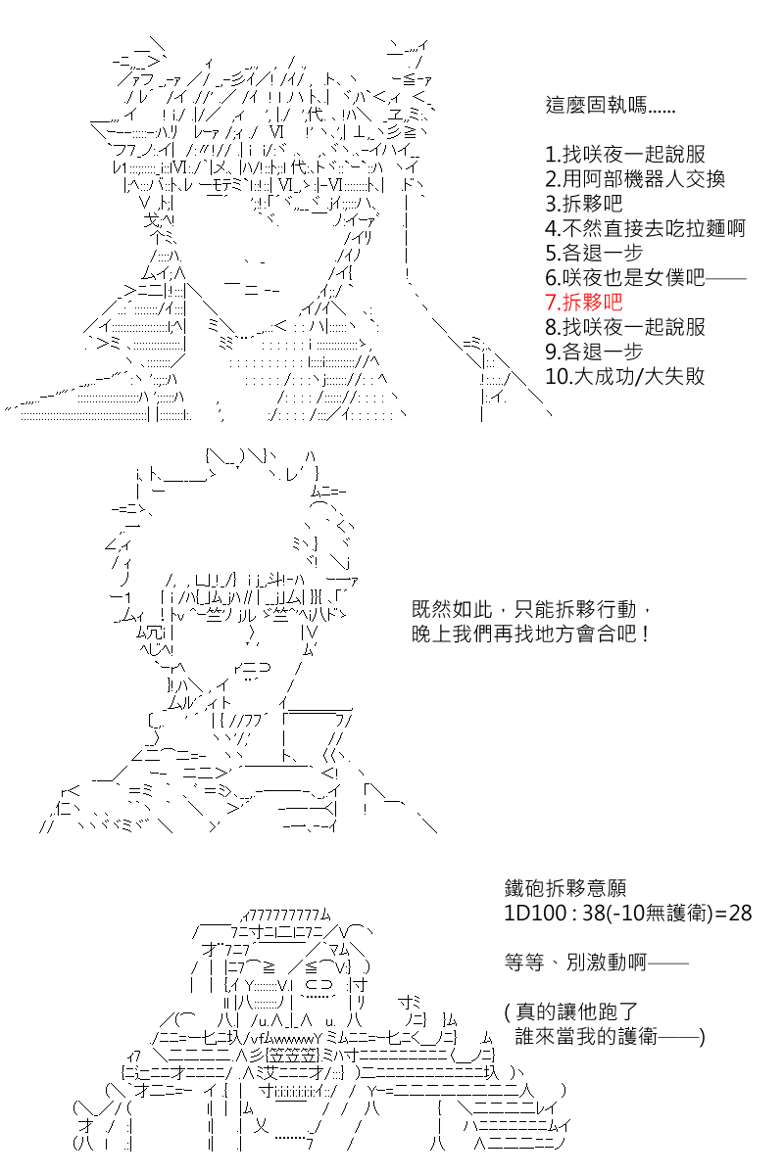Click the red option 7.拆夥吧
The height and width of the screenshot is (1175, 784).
pos(584,303)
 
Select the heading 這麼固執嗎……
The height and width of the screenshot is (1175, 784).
pos(611,105)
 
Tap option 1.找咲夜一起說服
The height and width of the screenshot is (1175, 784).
pos(625,155)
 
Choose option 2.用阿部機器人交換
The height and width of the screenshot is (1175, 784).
pos(635,179)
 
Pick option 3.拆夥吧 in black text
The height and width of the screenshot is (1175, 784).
pos(584,204)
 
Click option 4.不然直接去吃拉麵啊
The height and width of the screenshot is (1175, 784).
pos(646,228)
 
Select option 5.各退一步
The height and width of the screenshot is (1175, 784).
pos(594,253)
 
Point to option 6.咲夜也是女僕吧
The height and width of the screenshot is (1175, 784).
pos(625,277)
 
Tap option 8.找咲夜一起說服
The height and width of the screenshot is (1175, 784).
pos(625,327)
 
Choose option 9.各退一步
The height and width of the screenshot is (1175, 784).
pos(594,352)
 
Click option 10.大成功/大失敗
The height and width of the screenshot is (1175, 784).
pos(625,376)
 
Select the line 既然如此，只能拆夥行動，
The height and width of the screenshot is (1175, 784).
pos(531,609)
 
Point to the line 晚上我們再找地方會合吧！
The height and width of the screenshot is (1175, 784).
pos(531,634)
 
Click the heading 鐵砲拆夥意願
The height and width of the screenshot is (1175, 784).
pos(565,888)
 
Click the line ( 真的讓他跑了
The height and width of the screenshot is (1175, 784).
pos(571,1011)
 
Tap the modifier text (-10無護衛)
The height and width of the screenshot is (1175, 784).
pos(661,914)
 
